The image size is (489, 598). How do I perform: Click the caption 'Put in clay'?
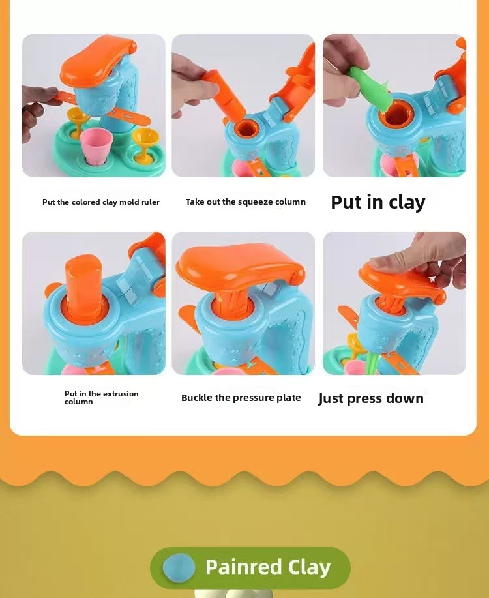tap(378, 202)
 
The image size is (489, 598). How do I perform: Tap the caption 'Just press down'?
tap(371, 398)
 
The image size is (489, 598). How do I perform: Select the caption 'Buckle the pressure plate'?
tap(241, 398)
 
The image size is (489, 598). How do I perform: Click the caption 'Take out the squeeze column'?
tap(246, 202)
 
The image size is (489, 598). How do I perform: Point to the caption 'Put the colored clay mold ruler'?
tap(100, 202)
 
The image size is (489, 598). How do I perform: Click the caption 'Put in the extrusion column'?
tap(102, 397)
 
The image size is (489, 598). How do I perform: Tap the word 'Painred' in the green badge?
tap(243, 567)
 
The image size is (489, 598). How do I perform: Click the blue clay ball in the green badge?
tap(179, 567)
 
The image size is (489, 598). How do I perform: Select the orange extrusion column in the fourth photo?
tap(84, 288)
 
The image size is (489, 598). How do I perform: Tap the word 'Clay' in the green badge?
tap(309, 567)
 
